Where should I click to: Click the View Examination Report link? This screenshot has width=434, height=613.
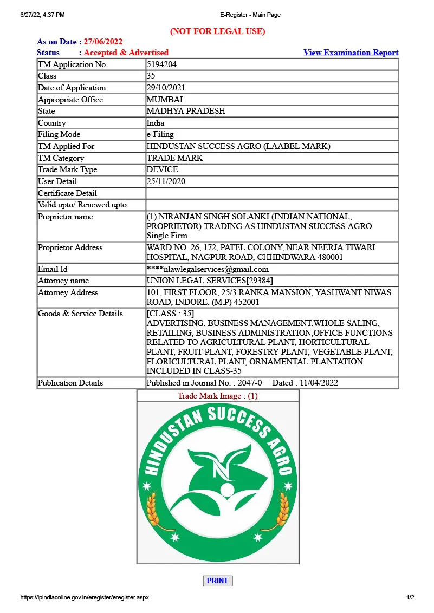(351, 53)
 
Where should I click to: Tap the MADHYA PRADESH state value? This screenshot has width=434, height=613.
(186, 111)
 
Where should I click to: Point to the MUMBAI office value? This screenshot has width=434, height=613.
(165, 100)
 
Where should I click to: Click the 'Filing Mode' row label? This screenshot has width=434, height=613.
(59, 134)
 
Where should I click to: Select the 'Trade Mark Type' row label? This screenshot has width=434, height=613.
(68, 169)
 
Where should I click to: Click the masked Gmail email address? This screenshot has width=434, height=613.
(208, 269)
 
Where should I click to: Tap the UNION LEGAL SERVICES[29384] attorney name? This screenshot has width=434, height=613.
(210, 281)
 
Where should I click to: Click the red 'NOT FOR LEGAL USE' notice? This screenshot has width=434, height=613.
(217, 31)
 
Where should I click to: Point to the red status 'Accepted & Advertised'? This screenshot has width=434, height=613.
(126, 53)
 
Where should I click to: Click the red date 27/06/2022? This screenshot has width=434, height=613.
(103, 42)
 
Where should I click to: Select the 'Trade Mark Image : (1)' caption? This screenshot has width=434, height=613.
(217, 396)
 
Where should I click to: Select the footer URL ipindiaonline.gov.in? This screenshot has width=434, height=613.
(84, 597)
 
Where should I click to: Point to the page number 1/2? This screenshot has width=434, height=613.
(410, 597)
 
